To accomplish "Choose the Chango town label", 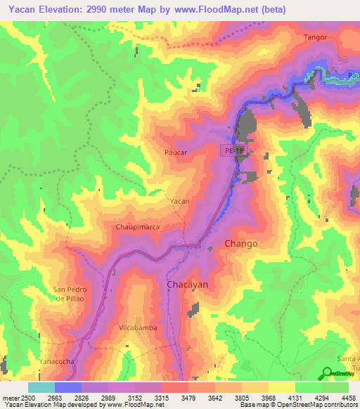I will pyautogui.click(x=240, y=243).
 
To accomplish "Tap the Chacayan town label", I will pyautogui.click(x=187, y=284).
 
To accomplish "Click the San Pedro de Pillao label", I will pyautogui.click(x=69, y=294).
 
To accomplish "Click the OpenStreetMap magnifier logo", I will pyautogui.click(x=327, y=372).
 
